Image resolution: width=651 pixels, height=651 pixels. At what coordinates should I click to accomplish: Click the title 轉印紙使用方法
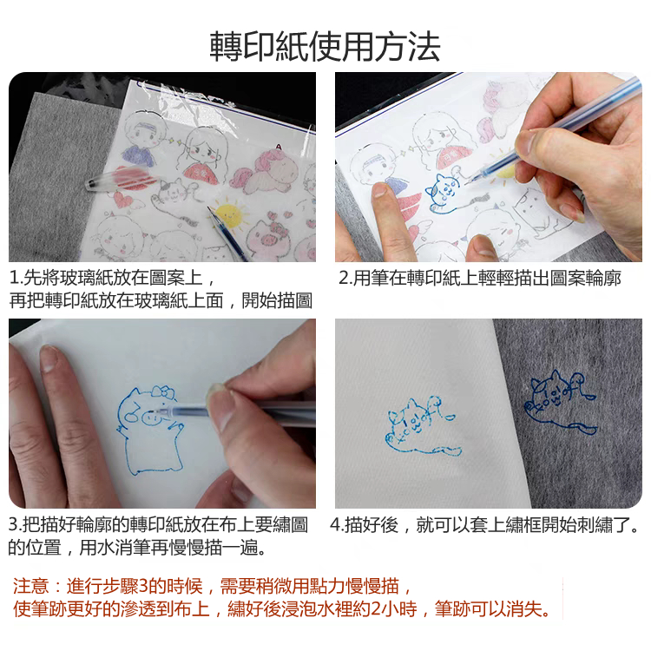[x=325, y=46]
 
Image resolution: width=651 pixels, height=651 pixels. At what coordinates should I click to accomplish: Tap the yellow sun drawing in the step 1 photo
[x=228, y=214]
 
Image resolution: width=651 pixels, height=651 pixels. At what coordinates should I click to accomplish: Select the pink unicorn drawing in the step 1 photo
[x=266, y=171]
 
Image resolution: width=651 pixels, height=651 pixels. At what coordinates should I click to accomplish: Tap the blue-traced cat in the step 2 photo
[x=443, y=192]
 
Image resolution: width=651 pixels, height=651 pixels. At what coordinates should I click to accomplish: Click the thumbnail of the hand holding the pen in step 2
[x=526, y=142]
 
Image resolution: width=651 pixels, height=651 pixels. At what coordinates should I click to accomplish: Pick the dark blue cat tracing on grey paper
[x=562, y=402]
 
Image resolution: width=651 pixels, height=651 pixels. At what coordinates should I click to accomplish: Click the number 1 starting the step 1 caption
[x=14, y=278]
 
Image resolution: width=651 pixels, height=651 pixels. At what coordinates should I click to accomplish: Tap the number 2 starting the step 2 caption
[x=345, y=278]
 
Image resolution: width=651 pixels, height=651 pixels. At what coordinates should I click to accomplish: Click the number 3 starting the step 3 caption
[x=14, y=525]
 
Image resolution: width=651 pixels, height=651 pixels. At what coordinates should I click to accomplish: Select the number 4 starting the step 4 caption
[x=335, y=525]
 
